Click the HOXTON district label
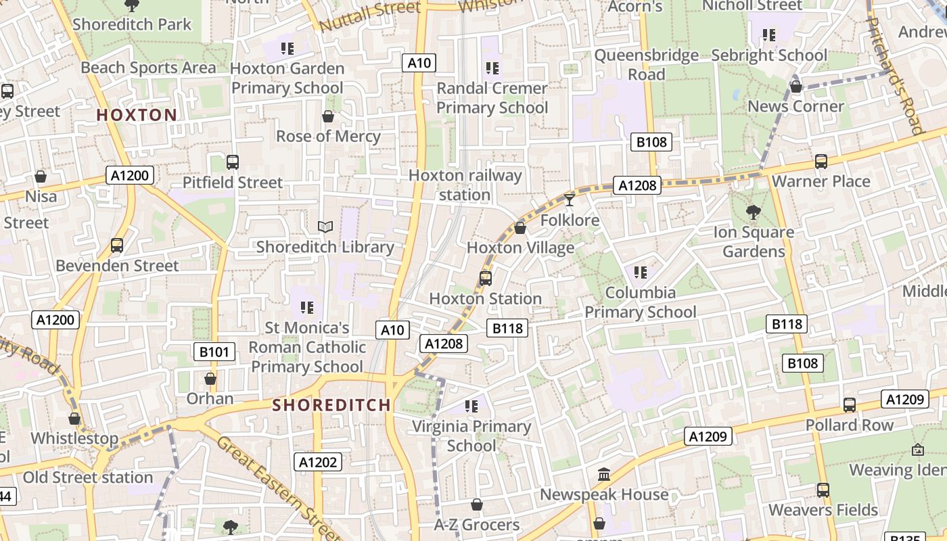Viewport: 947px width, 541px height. click(137, 115)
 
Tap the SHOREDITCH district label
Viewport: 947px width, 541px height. click(331, 405)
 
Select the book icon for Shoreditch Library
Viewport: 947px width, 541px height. click(325, 227)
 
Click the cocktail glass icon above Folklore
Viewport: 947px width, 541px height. click(570, 199)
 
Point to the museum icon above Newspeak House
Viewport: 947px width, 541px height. click(604, 474)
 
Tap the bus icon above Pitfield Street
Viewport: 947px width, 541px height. click(233, 162)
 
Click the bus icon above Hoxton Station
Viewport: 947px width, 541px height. click(485, 278)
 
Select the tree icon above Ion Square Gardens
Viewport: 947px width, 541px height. click(753, 212)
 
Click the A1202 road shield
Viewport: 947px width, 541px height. click(318, 462)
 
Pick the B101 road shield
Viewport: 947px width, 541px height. click(214, 352)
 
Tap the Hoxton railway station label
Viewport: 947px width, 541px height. click(465, 185)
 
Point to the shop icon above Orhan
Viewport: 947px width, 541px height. click(210, 379)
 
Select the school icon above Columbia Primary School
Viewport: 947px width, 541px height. click(640, 273)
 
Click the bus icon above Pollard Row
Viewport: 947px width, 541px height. click(850, 405)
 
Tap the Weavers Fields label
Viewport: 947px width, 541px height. click(823, 510)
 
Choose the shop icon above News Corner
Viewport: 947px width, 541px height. click(796, 87)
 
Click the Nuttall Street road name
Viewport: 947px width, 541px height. click(369, 16)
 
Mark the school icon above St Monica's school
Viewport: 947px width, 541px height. click(307, 308)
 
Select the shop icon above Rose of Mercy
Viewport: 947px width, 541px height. click(328, 116)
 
